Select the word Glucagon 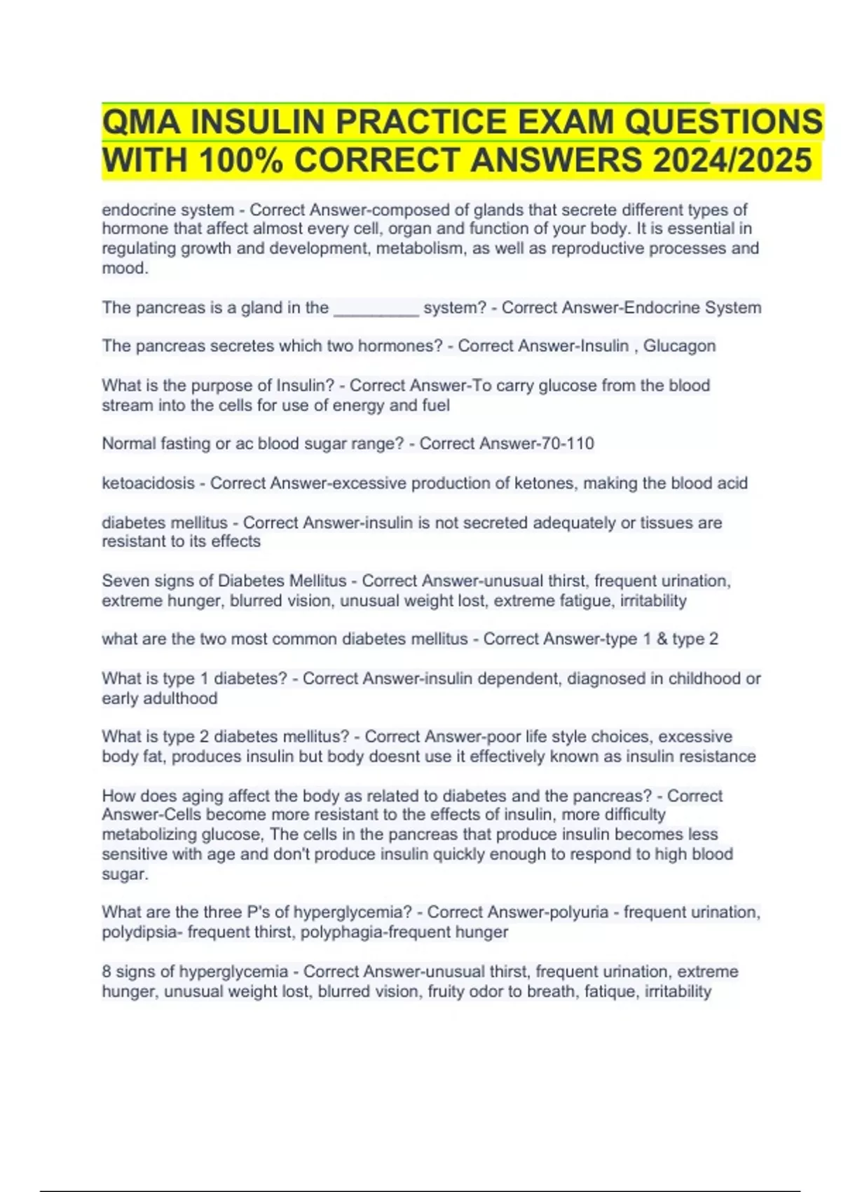[x=679, y=346]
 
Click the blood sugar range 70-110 [x=563, y=443]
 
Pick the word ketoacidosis [x=148, y=483]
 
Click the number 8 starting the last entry [x=107, y=972]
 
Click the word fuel [x=435, y=405]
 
